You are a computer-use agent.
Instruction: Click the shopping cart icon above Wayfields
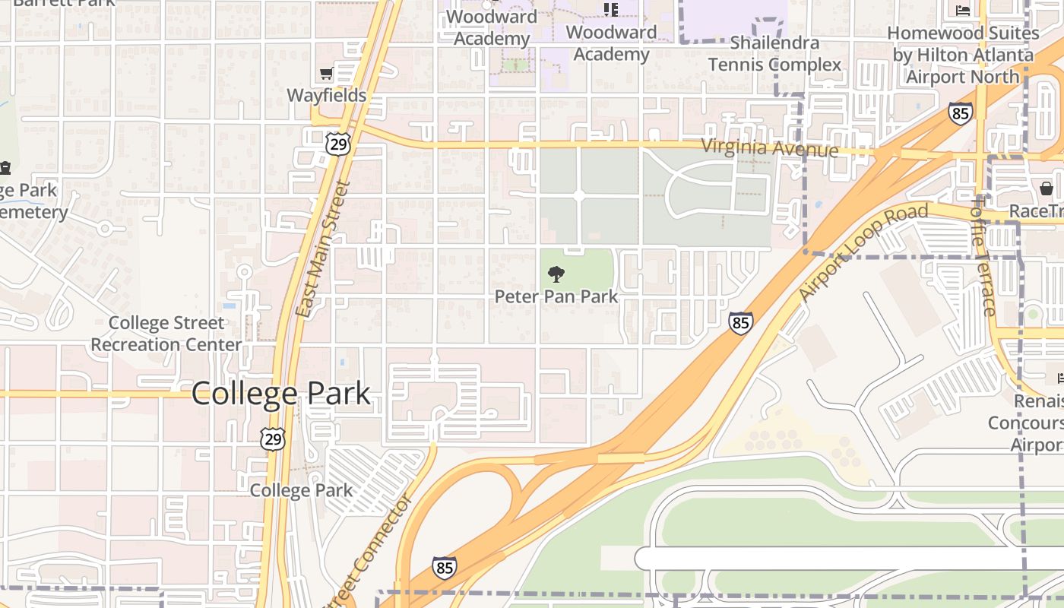326,74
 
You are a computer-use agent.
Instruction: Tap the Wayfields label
326,96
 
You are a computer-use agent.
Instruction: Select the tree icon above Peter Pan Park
556,274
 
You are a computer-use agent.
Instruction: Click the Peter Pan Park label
556,296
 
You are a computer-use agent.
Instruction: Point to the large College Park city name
280,393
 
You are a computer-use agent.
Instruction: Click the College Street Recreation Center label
166,334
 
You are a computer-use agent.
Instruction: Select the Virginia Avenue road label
769,147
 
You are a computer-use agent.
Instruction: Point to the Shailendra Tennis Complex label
774,53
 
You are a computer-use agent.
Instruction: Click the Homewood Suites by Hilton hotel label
963,55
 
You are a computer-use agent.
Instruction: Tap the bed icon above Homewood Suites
963,11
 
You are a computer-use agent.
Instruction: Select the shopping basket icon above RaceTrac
1047,188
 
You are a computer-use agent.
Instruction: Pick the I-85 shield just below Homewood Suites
960,113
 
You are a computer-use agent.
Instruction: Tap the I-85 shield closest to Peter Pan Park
740,322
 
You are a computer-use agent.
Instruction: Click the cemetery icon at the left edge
5,167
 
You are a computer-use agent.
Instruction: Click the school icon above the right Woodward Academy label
610,10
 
